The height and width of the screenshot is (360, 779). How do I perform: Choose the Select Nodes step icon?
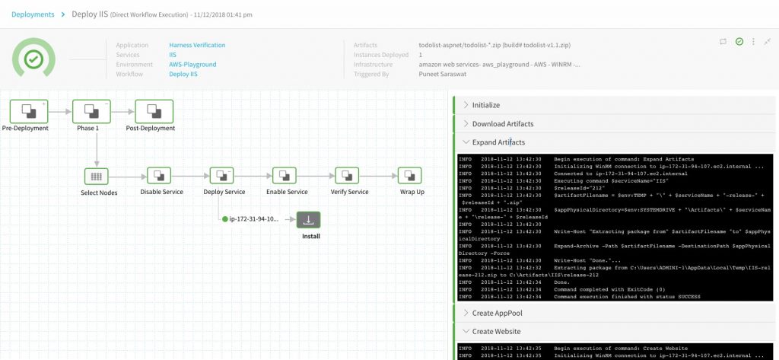click(x=97, y=175)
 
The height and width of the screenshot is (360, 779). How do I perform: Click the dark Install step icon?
click(x=309, y=219)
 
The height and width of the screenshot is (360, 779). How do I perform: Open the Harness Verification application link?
click(x=197, y=45)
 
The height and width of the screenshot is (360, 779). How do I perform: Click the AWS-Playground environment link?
click(x=192, y=65)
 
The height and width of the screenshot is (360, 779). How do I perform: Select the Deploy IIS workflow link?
click(x=183, y=75)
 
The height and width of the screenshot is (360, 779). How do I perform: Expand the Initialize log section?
click(x=485, y=104)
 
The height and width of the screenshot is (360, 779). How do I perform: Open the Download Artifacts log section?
click(x=502, y=123)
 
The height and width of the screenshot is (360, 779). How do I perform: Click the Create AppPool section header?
click(x=497, y=313)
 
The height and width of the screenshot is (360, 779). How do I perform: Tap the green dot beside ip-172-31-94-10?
click(x=225, y=219)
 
